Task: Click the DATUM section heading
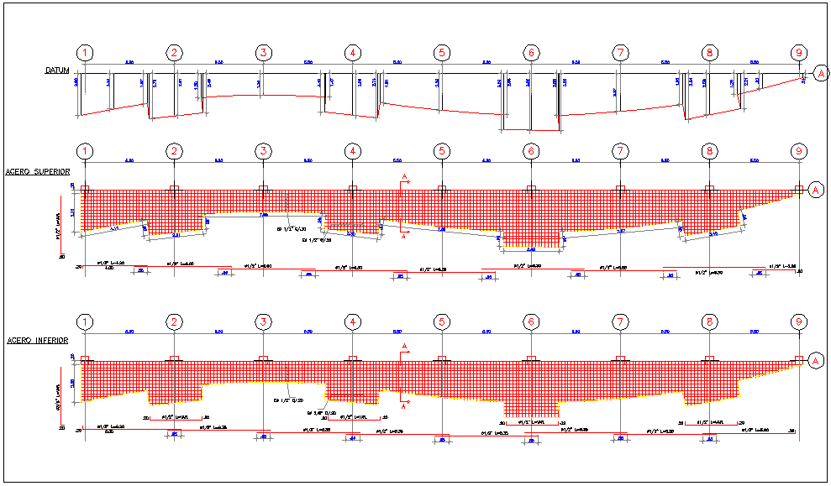pos(58,71)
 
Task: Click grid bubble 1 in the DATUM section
pos(85,53)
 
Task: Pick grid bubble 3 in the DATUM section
pos(264,53)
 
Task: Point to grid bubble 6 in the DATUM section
pos(531,53)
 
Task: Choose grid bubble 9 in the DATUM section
pos(798,53)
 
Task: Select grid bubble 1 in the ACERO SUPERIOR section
pos(85,151)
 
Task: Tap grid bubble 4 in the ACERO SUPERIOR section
pos(353,151)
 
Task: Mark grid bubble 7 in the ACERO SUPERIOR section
pos(620,151)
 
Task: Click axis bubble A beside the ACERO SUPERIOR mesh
pos(815,191)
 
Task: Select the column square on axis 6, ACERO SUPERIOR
pos(531,189)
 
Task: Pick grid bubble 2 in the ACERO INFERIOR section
pos(174,322)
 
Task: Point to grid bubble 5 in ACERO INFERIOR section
pos(442,322)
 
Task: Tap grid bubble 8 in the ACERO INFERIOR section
pos(709,322)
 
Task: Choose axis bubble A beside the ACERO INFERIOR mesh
pos(815,361)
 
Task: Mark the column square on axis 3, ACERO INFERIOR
pos(264,359)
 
